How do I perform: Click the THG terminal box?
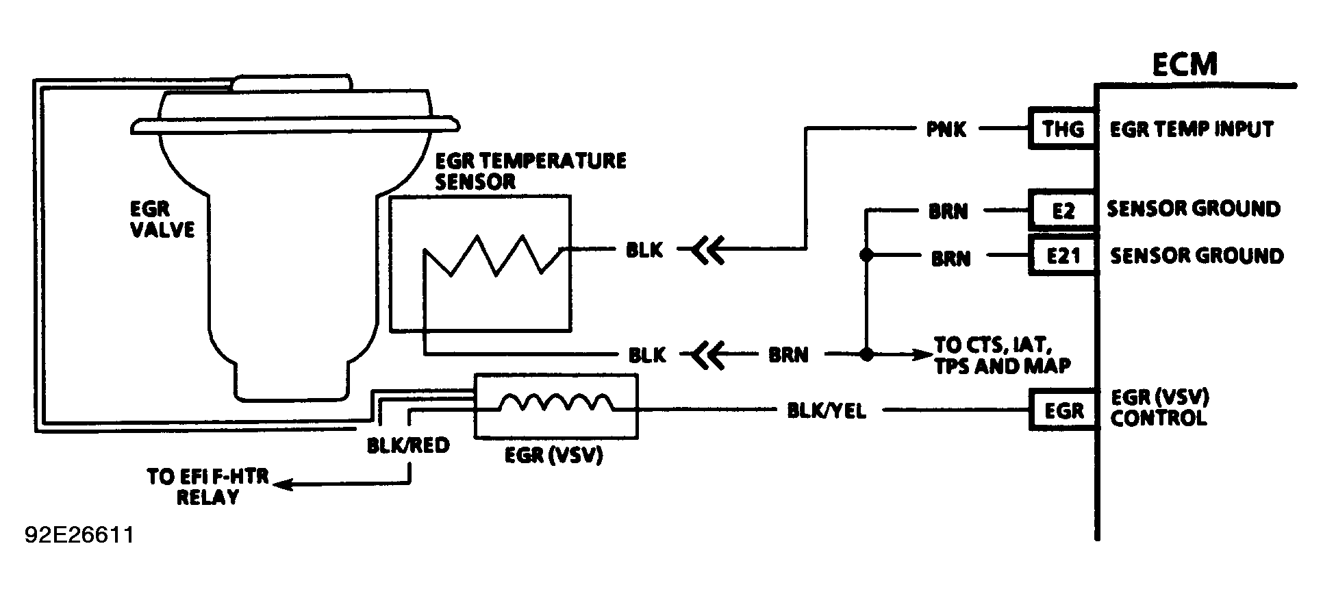1063,129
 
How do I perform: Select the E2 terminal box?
1063,210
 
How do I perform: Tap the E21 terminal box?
1063,256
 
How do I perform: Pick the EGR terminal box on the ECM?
1063,410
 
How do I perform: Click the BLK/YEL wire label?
826,410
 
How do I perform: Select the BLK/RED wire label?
408,445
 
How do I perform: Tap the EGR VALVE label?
162,219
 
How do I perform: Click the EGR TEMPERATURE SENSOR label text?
530,171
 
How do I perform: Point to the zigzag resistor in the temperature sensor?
493,256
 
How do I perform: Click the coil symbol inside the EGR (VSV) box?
555,403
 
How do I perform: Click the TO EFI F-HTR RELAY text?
207,486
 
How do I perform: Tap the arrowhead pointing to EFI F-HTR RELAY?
281,485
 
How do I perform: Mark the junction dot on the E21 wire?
866,256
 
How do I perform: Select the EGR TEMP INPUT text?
1191,129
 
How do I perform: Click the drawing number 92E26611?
79,535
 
